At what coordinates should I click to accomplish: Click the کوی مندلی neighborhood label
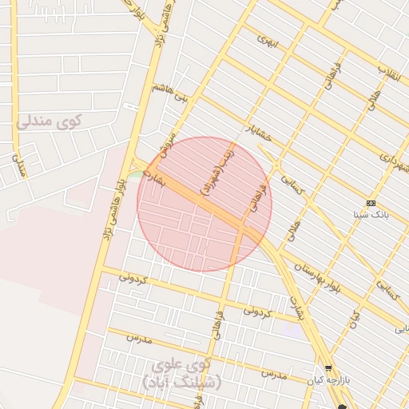pos(49,122)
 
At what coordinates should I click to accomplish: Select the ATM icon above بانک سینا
pos(370,203)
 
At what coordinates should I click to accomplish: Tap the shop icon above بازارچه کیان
pos(328,367)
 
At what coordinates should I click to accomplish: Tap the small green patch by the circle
pos(137,173)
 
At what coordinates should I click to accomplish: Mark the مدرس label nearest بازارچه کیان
pos(272,373)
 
